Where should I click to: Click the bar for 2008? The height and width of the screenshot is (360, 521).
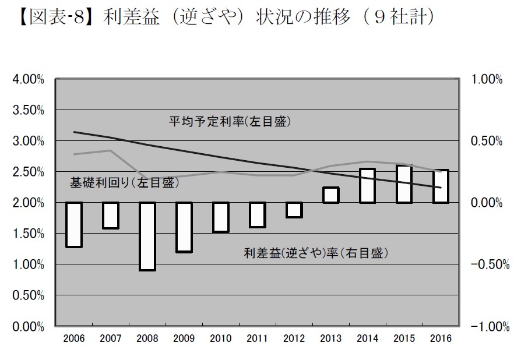point(147,236)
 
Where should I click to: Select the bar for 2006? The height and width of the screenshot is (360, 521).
point(73,225)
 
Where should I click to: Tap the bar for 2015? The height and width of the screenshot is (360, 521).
point(404,184)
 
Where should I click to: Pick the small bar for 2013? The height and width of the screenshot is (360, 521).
point(330,195)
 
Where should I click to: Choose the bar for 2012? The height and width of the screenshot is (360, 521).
point(294,210)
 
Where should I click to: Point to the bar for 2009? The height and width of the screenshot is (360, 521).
point(184,227)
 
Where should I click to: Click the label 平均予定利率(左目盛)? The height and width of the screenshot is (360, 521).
point(229,122)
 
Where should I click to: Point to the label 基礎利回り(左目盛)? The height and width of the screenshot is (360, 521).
point(124,182)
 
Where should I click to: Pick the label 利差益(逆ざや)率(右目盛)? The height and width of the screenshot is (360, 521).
point(315,253)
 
